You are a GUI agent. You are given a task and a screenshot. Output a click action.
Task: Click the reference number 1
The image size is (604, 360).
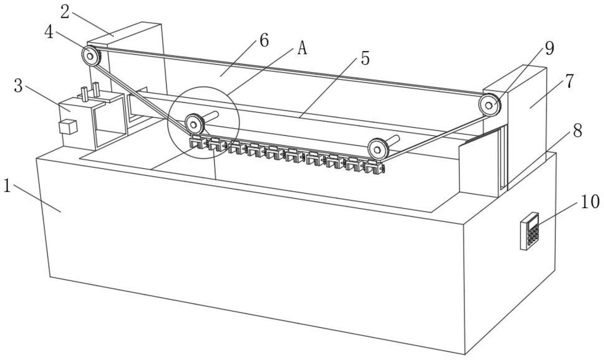pyautogui.click(x=7, y=186)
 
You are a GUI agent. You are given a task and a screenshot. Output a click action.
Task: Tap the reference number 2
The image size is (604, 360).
pyautogui.click(x=65, y=12)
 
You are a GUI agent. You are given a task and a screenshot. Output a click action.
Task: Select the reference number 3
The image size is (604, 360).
pyautogui.click(x=19, y=86)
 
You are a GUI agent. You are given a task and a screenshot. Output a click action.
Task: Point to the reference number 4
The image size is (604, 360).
pyautogui.click(x=49, y=32)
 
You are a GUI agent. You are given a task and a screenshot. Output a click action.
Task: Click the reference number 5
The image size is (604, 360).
pyautogui.click(x=365, y=59)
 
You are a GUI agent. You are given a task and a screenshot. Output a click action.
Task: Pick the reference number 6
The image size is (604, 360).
pyautogui.click(x=264, y=41)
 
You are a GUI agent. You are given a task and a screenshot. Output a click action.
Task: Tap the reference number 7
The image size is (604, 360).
pyautogui.click(x=570, y=81)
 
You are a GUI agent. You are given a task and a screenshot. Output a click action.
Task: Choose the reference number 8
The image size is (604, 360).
pyautogui.click(x=578, y=130)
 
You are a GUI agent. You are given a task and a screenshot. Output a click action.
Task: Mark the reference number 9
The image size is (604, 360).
pyautogui.click(x=550, y=48)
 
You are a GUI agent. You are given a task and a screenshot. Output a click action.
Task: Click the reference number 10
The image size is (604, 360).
pyautogui.click(x=590, y=202)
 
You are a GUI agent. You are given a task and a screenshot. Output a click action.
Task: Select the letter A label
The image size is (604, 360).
pyautogui.click(x=302, y=49)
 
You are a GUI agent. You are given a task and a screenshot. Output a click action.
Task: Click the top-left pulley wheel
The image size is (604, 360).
pyautogui.click(x=91, y=56)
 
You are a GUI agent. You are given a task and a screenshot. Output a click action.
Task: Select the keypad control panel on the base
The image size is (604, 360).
pyautogui.click(x=530, y=231)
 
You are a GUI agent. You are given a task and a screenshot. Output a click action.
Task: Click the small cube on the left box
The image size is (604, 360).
pyautogui.click(x=68, y=127)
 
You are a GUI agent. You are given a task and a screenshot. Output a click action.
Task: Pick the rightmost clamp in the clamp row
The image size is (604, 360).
pyautogui.click(x=374, y=167)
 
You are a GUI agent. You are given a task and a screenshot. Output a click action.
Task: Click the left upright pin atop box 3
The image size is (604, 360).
pyautogui.click(x=84, y=94)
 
